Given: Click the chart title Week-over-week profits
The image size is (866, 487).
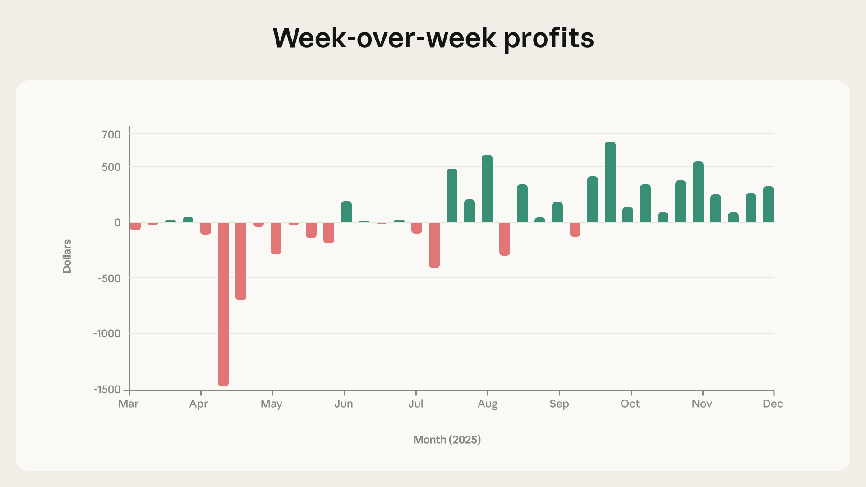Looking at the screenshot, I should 433,38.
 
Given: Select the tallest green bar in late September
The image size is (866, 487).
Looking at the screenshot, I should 610,182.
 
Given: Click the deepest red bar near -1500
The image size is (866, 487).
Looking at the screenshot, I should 223,304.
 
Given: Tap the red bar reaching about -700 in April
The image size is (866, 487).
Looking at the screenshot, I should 241,261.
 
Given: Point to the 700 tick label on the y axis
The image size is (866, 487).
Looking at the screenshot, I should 111,134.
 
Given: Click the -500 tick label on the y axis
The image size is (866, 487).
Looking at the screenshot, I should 109,278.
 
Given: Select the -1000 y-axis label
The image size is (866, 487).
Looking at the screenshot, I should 107,334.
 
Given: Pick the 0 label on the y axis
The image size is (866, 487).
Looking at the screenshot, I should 117,222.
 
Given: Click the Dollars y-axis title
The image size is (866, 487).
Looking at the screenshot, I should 67,256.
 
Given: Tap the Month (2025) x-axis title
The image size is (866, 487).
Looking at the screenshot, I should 447,440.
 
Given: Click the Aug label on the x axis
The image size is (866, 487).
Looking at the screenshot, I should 487,404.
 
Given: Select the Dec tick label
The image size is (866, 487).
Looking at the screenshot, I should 772,404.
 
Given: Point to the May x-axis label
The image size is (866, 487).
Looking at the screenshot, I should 271,404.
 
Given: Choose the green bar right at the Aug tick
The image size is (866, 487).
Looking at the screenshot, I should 487,188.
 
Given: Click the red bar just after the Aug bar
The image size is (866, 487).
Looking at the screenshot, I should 505,239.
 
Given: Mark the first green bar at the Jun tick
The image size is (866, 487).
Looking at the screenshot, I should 346,211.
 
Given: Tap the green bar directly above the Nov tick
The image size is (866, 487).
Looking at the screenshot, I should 698,192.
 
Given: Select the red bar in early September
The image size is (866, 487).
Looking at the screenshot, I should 575,229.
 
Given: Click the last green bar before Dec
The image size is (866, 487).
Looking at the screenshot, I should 769,204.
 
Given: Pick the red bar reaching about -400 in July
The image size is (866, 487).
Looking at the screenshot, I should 434,245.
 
